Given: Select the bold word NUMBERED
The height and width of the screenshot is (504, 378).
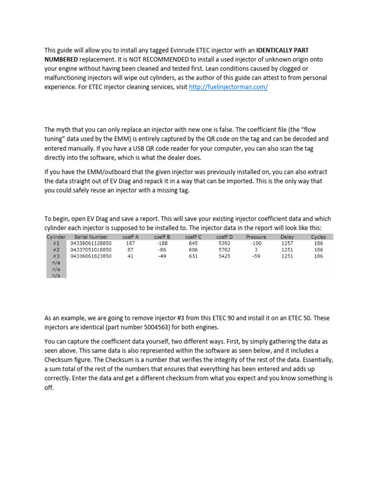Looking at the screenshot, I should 62,59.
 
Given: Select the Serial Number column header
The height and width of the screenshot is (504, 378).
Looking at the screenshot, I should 91,237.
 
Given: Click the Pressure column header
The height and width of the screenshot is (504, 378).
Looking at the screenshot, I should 256,237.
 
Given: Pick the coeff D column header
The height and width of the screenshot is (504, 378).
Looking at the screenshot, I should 224,237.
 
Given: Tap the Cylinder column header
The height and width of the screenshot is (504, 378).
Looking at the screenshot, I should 56,237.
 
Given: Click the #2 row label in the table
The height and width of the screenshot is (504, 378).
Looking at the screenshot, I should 56,250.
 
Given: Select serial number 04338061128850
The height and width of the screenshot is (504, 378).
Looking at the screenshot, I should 91,243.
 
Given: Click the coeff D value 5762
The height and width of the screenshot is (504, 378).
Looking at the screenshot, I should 224,250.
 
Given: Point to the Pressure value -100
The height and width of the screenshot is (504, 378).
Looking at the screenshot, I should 255,243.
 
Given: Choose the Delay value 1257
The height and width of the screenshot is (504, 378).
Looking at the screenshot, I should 287,243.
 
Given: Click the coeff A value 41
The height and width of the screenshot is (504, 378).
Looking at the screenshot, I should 130,256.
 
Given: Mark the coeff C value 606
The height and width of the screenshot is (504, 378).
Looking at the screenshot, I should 193,250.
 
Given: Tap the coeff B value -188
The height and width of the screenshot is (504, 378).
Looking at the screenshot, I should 162,243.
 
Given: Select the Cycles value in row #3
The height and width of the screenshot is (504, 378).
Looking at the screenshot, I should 318,256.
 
